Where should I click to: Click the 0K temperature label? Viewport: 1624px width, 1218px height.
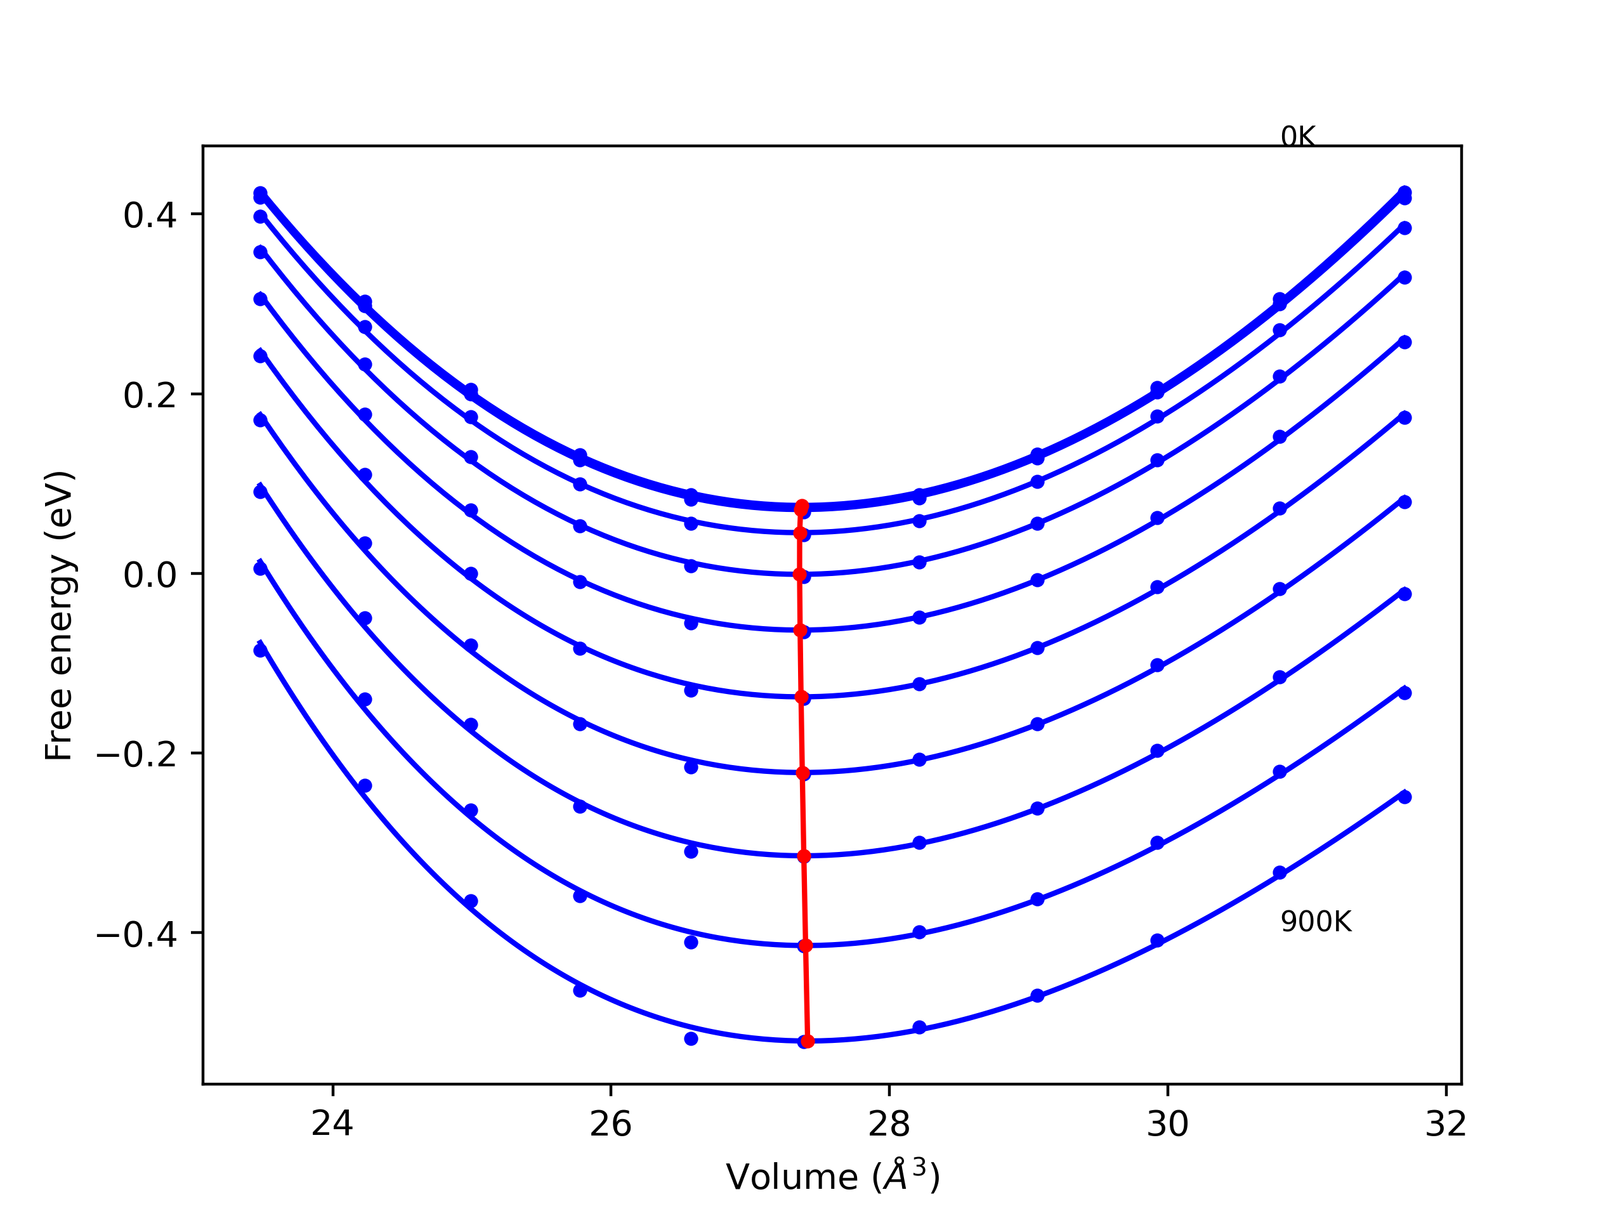point(1297,136)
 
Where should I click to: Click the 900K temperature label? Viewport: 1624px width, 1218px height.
point(1316,922)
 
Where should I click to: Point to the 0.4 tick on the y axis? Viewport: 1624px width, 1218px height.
point(150,215)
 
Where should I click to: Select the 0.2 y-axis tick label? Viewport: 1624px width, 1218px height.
point(150,396)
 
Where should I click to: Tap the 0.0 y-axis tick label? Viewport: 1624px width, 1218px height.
point(150,575)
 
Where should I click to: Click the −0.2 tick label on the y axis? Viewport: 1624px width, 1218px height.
point(136,755)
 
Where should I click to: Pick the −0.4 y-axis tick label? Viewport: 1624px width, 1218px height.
point(136,934)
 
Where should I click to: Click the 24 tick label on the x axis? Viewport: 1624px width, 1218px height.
point(332,1124)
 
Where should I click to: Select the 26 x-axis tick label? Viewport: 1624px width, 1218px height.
point(611,1124)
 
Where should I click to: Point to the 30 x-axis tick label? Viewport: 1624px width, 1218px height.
point(1167,1124)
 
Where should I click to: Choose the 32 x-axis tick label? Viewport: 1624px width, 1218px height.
point(1446,1124)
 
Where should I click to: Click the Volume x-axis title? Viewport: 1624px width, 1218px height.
point(832,1177)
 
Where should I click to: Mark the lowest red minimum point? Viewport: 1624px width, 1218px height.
point(808,1041)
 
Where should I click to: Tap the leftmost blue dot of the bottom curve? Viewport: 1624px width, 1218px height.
point(260,650)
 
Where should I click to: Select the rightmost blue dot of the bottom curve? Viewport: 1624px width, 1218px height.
point(1405,797)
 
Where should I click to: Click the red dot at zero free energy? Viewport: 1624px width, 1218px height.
point(799,575)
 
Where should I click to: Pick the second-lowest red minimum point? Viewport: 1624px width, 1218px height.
point(806,946)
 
